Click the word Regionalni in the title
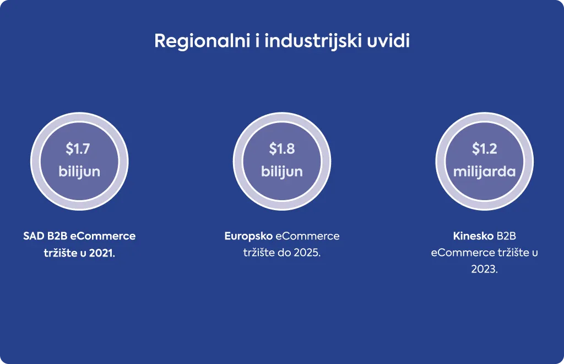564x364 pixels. pos(202,41)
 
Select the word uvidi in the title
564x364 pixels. pos(388,40)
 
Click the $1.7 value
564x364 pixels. pos(78,149)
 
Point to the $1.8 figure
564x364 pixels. pos(282,149)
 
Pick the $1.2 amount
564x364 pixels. pos(485,149)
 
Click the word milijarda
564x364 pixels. pos(485,172)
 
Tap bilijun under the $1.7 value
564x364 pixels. pos(79,172)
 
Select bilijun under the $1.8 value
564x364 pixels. pos(282,172)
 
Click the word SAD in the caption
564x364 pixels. pos(34,236)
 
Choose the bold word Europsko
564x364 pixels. pos(248,237)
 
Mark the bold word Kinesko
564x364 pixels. pos(473,236)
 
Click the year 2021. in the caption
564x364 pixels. pos(102,253)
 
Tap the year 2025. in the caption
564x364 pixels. pos(307,253)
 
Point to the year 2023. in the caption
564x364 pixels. pos(485,269)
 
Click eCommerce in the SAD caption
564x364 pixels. pos(103,236)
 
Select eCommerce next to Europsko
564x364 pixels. pos(307,236)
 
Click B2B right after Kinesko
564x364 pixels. pos(507,236)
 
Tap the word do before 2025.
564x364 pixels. pos(284,253)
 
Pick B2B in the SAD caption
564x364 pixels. pos(57,236)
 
